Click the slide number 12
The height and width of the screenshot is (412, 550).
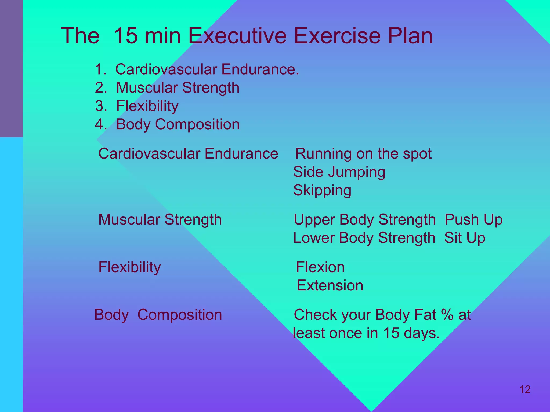point(525,389)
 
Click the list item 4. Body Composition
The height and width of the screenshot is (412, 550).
point(167,124)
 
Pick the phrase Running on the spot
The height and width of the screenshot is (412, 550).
point(363,154)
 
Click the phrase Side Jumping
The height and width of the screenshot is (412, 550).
point(339,172)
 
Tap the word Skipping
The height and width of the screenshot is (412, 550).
point(322,191)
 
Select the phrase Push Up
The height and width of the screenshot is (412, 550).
point(473,220)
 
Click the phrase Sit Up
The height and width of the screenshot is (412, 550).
point(465,238)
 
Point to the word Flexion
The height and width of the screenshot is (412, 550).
point(320,267)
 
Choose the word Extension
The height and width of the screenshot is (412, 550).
point(330,285)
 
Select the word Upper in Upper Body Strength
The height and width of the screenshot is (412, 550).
point(314,220)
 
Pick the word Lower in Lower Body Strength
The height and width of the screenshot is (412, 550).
point(314,238)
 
